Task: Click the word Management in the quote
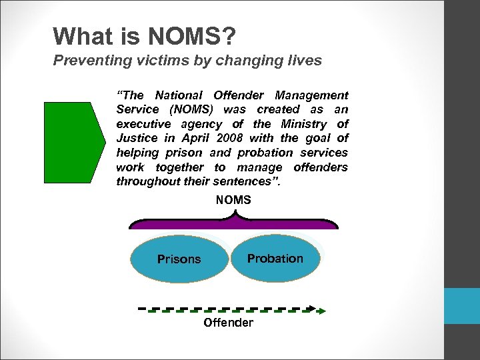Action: point(313,95)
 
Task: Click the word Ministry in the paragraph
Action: point(303,124)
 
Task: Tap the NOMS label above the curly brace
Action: point(233,200)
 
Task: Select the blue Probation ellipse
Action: point(275,258)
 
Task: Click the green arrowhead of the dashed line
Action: point(321,310)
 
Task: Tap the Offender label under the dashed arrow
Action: point(228,323)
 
